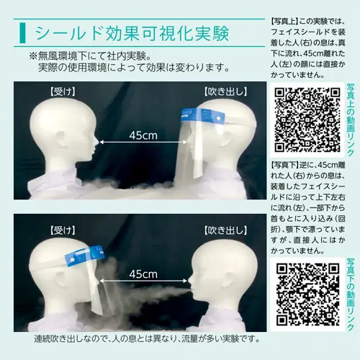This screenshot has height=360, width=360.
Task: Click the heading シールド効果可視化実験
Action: click(132, 33)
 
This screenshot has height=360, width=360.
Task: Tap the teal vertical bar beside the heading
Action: click(22, 33)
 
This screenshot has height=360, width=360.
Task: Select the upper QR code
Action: click(307, 120)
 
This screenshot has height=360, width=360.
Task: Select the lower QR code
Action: click(307, 294)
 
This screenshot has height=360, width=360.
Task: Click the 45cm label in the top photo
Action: click(143, 135)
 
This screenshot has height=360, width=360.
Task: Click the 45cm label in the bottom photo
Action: click(143, 274)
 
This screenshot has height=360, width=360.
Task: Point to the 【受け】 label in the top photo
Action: click(63, 92)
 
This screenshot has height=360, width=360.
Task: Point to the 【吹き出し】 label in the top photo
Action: click(225, 92)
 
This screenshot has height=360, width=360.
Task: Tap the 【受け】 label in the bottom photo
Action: click(63, 230)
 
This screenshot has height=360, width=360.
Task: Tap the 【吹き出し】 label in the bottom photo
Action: click(225, 230)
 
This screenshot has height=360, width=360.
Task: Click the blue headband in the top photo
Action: click(202, 115)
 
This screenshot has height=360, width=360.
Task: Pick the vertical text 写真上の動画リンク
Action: click(350, 120)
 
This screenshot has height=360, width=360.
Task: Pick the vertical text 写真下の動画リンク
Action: click(350, 294)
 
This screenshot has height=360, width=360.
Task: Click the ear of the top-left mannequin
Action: click(60, 140)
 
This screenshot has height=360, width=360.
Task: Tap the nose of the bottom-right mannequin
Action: click(190, 281)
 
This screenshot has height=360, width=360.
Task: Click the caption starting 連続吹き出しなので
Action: click(147, 339)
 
